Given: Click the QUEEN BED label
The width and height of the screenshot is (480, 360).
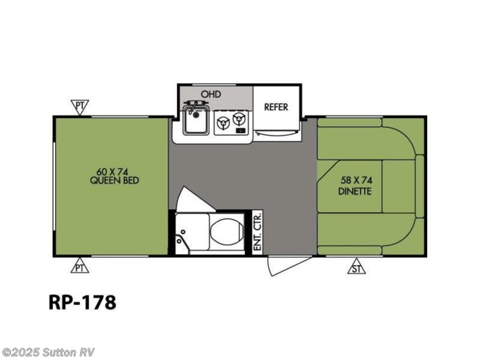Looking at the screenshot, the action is pos(115,181).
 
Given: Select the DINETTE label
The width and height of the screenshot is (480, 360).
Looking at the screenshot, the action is pos(355,192).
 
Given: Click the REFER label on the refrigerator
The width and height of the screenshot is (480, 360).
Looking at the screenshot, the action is pos(276,107).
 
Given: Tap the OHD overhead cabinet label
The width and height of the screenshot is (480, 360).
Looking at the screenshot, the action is pos(211,94).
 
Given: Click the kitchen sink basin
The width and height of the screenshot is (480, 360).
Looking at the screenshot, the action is pos(196,120).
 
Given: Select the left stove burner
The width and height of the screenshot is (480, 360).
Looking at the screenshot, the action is pos(223,123).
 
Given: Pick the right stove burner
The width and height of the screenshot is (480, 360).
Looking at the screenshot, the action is pos(239,119).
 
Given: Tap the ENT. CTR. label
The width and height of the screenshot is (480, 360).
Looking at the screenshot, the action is pos(257,231).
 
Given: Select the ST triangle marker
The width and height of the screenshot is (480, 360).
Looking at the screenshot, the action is pos(357,267).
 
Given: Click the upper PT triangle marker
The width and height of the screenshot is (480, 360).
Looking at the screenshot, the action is pos(79,107).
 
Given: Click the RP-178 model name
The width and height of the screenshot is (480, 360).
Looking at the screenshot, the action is pos(82,302).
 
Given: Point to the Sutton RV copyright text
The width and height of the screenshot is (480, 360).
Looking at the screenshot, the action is pos(48,353).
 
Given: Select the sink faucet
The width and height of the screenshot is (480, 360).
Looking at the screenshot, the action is pos(192,106).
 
